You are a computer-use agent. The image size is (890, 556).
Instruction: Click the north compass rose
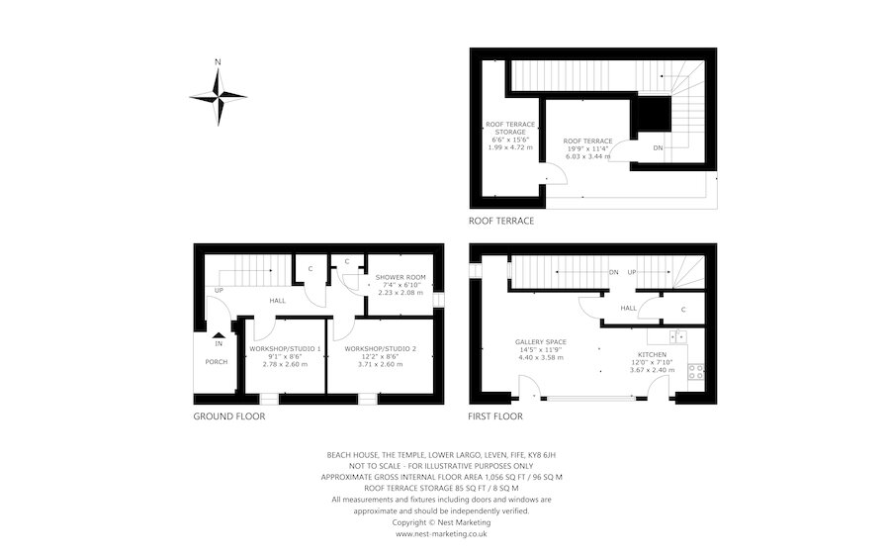click(218, 95)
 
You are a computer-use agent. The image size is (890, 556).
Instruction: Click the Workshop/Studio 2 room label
click(381, 349)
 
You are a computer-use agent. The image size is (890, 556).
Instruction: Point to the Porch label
click(217, 362)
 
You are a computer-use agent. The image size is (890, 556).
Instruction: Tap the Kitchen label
click(652, 354)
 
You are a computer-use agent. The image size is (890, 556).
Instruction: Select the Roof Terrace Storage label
click(510, 130)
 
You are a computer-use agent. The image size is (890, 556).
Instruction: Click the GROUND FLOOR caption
click(228, 417)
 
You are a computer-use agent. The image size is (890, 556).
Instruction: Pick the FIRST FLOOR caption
click(495, 417)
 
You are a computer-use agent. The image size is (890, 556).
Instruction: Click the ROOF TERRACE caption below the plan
click(501, 221)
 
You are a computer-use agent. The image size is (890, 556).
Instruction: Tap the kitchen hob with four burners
click(695, 373)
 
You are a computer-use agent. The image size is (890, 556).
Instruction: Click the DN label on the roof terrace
click(658, 148)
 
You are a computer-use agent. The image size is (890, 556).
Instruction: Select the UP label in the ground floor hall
click(218, 290)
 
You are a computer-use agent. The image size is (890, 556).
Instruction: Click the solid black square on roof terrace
click(651, 115)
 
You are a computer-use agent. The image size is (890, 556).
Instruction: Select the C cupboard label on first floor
click(683, 310)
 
